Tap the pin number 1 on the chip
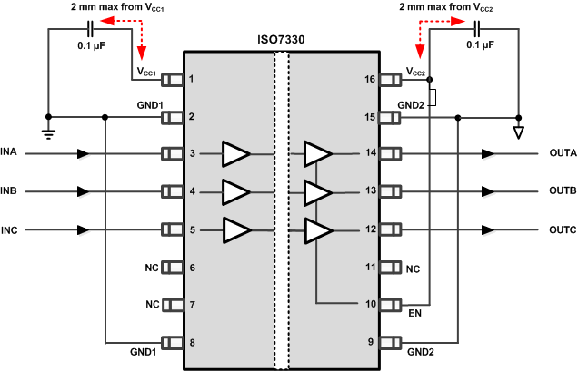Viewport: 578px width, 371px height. point(191,80)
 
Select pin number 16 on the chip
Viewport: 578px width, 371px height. point(371,80)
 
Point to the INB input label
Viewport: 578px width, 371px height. point(8,191)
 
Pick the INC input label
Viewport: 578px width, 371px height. point(8,229)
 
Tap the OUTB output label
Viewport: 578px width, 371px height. point(563,191)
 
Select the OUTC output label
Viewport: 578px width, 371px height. point(563,229)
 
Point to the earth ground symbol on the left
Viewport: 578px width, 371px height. point(47,129)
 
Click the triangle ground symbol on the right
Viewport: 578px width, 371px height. point(519,133)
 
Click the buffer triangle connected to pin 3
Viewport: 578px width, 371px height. point(234,154)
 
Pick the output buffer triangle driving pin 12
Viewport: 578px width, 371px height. point(317,229)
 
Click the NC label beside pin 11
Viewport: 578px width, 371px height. point(413,268)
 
